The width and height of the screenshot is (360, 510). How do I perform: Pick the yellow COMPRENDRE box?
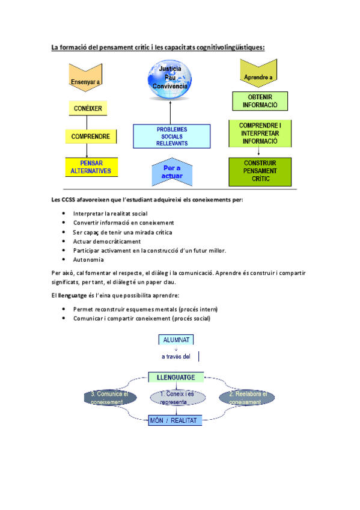(x=91, y=137)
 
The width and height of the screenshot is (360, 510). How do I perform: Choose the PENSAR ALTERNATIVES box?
(x=92, y=167)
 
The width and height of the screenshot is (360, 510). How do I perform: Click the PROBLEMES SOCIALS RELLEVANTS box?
(x=172, y=136)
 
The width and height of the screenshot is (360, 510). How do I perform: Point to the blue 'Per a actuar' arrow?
(x=172, y=173)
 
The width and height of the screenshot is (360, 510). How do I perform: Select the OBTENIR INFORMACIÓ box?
(x=260, y=101)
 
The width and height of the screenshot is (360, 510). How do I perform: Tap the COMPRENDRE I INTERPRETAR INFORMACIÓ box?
(x=260, y=133)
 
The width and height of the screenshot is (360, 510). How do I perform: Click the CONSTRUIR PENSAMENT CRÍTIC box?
(x=260, y=171)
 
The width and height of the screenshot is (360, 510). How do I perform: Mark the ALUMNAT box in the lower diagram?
(x=175, y=340)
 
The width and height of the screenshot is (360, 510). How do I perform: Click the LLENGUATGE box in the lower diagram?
(x=175, y=377)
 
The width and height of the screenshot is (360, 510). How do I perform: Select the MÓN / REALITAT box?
(x=175, y=420)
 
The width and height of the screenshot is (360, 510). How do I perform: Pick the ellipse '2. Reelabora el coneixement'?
(x=244, y=398)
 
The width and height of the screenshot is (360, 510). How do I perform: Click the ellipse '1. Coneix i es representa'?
(x=176, y=398)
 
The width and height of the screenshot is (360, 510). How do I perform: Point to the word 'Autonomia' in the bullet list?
(x=88, y=260)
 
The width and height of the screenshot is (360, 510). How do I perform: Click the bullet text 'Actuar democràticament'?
(x=106, y=241)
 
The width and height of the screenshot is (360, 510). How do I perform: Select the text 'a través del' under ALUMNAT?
(x=175, y=356)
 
